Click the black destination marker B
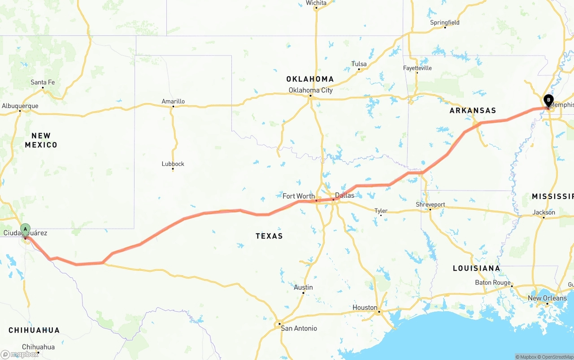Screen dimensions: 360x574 point(548,100)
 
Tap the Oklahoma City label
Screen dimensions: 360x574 point(310,90)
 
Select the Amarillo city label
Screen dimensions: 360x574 point(173,101)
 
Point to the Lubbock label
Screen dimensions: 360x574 point(173,164)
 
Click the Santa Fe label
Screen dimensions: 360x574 point(43,82)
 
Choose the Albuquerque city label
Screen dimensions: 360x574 point(20,106)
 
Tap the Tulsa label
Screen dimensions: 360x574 point(359,64)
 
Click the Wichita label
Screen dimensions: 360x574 point(316,3)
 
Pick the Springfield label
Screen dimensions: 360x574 point(444,22)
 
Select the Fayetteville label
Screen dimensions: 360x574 point(417,68)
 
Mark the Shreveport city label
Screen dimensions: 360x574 point(430,204)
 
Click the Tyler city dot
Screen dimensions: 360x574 point(381,216)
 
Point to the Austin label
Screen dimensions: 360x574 point(303,287)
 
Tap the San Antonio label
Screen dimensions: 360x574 point(299,328)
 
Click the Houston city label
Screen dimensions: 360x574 point(365,308)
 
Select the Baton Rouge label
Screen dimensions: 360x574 point(493,282)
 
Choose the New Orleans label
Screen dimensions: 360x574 point(547,298)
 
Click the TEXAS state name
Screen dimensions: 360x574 point(269,236)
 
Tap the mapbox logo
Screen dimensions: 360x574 point(20,354)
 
